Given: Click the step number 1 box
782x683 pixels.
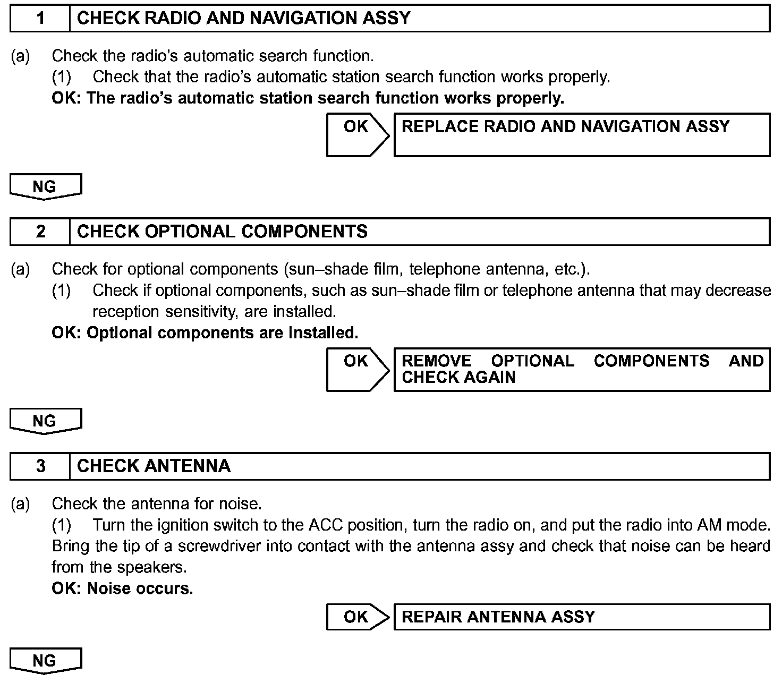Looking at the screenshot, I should point(40,19).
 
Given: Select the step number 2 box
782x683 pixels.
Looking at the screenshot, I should point(40,232).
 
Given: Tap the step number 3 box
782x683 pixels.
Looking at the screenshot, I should point(40,466).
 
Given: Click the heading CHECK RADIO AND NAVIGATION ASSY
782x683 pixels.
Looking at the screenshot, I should point(244,19).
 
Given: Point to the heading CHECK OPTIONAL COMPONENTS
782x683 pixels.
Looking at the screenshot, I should point(222,232).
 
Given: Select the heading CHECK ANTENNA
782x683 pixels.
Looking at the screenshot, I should point(154,466).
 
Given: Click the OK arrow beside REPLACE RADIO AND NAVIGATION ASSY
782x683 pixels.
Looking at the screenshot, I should point(357,134).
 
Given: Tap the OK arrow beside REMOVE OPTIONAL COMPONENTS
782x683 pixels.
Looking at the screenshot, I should point(357,369).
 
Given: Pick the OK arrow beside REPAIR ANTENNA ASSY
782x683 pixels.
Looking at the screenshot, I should point(357,617).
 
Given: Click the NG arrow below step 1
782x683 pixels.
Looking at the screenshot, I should point(45,186).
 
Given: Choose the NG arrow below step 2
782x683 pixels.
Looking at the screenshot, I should point(45,421).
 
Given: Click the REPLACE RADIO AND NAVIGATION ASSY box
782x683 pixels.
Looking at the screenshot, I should point(582,134).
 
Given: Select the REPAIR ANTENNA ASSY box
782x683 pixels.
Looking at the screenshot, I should point(582,617).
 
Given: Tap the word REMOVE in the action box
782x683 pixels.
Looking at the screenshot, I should point(436,361).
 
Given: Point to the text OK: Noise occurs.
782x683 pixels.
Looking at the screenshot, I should point(122,588).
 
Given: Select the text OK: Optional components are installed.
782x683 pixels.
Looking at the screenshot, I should point(205,333).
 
